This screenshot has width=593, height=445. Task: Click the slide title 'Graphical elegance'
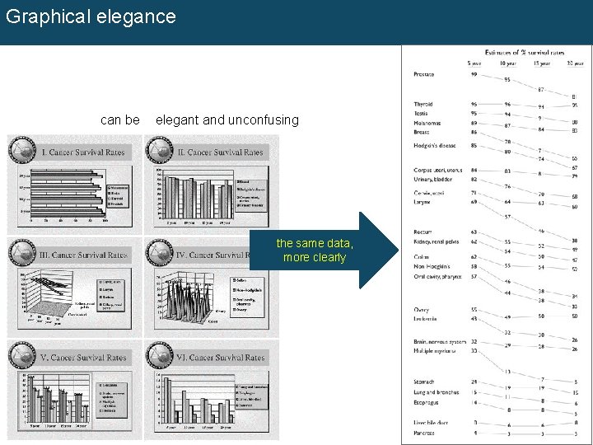pyautogui.click(x=91, y=16)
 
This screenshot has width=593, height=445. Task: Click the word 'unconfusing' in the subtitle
pyautogui.click(x=264, y=120)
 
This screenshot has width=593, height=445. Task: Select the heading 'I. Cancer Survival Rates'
pyautogui.click(x=83, y=152)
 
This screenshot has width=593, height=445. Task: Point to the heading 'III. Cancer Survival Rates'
pyautogui.click(x=83, y=255)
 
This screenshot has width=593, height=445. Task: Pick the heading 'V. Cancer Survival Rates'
pyautogui.click(x=83, y=358)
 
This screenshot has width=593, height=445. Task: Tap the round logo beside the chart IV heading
pyautogui.click(x=158, y=253)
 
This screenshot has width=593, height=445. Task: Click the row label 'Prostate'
pyautogui.click(x=424, y=75)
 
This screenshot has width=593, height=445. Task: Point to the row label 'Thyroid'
pyautogui.click(x=423, y=105)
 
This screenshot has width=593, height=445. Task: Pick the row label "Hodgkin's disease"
pyautogui.click(x=435, y=146)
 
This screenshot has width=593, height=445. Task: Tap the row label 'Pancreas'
pyautogui.click(x=424, y=433)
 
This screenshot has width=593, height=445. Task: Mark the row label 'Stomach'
pyautogui.click(x=424, y=382)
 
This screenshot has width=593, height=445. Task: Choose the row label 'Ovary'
pyautogui.click(x=421, y=310)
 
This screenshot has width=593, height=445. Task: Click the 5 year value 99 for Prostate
pyautogui.click(x=474, y=75)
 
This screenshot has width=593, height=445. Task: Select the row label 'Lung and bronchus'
pyautogui.click(x=437, y=392)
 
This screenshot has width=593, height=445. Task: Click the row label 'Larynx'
pyautogui.click(x=423, y=202)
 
